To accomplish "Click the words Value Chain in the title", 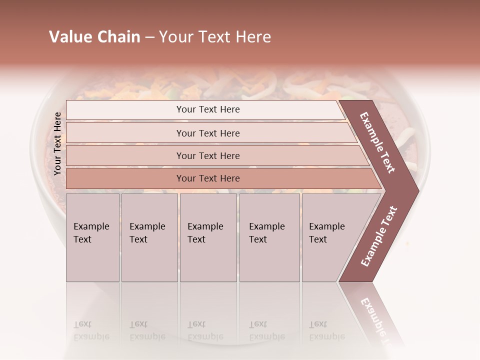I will (94, 37).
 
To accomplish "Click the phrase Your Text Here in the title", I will (215, 37).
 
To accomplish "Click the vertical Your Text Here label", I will (57, 143).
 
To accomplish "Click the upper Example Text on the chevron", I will (377, 142).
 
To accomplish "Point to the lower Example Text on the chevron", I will (379, 236).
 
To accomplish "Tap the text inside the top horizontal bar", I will (208, 109).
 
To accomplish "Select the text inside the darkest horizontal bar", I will (208, 178).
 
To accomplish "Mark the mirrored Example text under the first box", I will (91, 331).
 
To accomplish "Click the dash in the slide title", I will (149, 37).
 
